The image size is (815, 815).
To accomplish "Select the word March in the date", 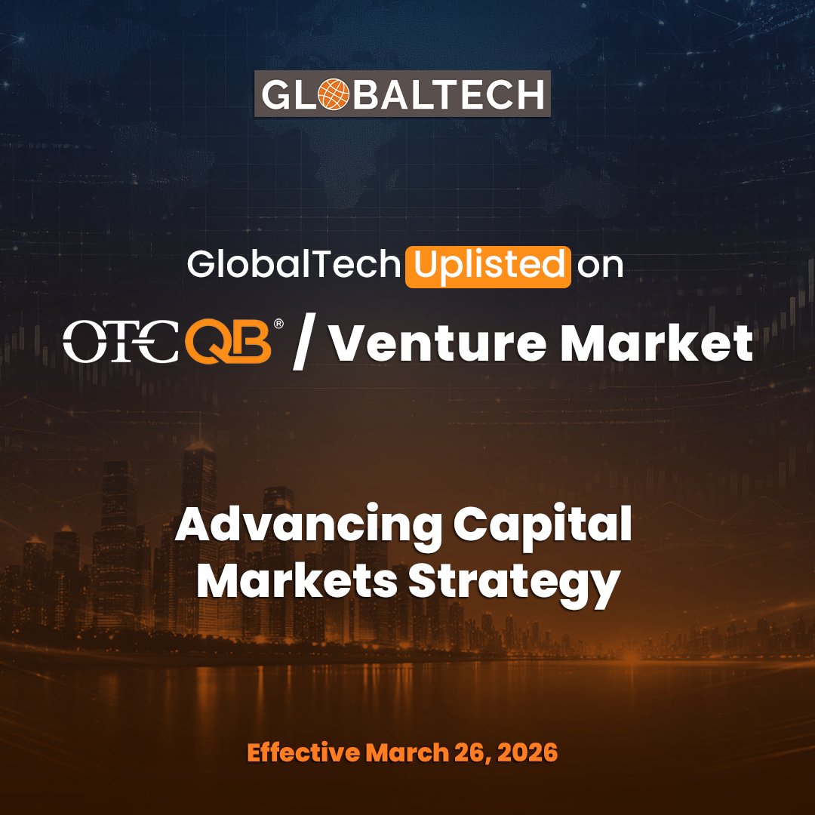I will (401, 753).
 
